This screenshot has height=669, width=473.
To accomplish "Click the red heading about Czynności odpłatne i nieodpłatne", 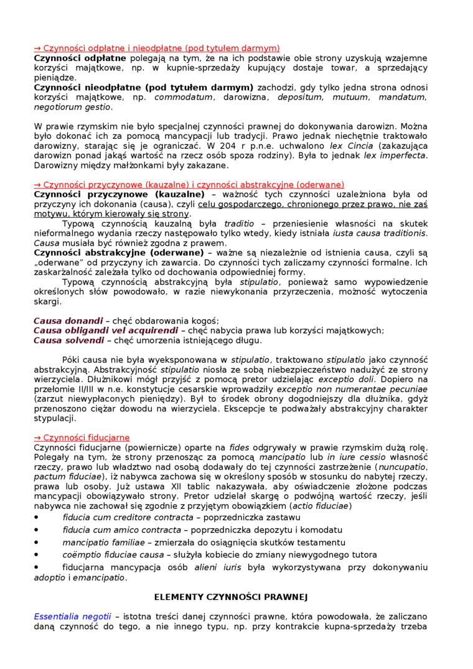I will coord(157,47).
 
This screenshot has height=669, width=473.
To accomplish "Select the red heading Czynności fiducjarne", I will coord(82,437).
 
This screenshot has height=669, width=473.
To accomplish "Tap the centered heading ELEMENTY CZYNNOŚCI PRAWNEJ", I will coord(231,596).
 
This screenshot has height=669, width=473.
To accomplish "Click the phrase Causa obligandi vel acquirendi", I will coord(102,330).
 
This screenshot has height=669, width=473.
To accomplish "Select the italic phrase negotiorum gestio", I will coord(72,107).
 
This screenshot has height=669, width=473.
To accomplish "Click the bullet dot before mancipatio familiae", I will coord(36,542).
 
